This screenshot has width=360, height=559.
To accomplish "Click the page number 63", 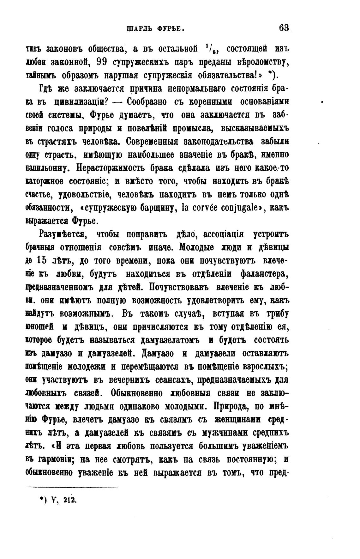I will [284, 28].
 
